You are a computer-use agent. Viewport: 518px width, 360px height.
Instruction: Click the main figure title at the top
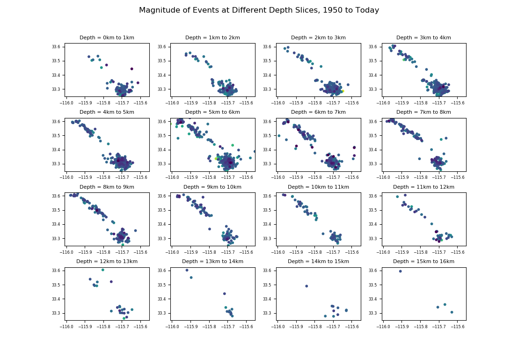coord(259,10)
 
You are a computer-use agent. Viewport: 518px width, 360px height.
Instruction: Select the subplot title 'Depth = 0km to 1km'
coord(107,38)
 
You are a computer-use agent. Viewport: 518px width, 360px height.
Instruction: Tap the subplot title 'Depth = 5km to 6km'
coord(212,112)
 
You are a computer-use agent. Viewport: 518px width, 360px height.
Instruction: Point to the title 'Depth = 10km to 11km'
coord(318,187)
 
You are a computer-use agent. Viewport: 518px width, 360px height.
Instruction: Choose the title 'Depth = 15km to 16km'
coord(423,262)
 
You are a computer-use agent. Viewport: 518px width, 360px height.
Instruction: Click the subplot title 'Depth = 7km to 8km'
coord(423,112)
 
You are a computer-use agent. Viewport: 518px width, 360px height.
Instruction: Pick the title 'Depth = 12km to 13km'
coord(107,262)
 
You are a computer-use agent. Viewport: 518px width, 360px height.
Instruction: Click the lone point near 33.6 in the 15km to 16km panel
coord(400,272)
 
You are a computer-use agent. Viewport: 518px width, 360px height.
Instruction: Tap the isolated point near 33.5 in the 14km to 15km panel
coord(306,286)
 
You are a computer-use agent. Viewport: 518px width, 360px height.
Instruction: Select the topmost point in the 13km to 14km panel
coord(187,270)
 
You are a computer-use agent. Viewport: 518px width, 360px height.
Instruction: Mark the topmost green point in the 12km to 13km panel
coord(103,270)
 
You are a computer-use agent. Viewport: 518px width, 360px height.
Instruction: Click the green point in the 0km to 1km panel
coord(101,67)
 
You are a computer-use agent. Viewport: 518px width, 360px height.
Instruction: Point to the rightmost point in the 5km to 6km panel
coord(255,151)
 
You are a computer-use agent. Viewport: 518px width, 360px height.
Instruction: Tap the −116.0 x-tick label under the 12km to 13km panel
coord(66,327)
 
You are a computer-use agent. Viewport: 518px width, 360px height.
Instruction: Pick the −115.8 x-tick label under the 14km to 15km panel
coord(315,327)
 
